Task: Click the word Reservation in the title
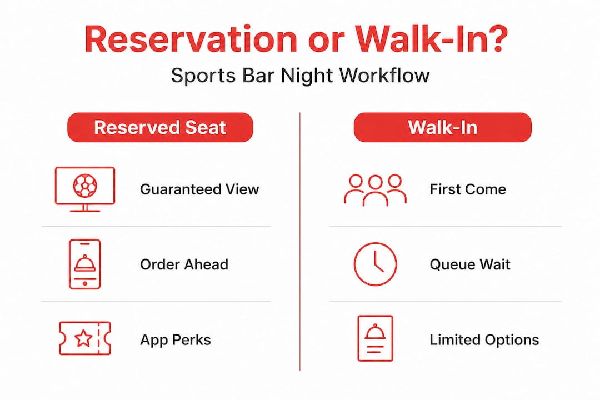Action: click(191, 39)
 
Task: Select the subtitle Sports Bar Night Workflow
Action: click(301, 75)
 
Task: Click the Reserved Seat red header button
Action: click(160, 127)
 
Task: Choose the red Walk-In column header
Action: click(443, 127)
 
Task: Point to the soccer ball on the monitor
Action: click(85, 186)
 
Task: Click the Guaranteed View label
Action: click(199, 189)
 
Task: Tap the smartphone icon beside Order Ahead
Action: click(84, 264)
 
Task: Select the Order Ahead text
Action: click(184, 264)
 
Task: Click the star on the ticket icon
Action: click(83, 338)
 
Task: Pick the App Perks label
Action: click(175, 340)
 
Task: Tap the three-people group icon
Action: click(375, 190)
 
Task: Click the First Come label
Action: click(468, 189)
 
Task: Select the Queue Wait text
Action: click(470, 264)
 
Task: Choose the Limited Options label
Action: click(484, 340)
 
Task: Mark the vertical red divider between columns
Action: click(300, 241)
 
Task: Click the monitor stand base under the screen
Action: click(85, 211)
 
